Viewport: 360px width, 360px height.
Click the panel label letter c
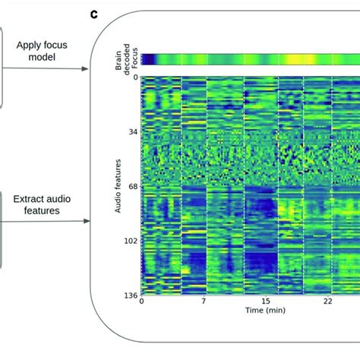93,14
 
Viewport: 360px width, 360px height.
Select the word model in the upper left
43,58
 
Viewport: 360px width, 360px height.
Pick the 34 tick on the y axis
133,131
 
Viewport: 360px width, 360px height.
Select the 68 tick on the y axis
133,186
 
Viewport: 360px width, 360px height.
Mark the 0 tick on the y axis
135,77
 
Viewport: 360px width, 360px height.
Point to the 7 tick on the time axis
204,302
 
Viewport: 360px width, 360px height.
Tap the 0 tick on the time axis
142,302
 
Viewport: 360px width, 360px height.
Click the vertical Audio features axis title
119,186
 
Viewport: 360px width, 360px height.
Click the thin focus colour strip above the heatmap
251,59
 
